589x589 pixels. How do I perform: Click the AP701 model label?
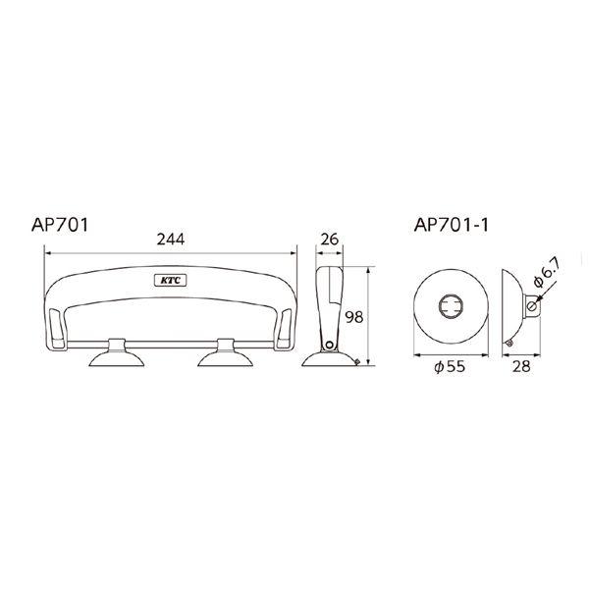(60, 225)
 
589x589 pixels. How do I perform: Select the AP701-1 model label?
(452, 225)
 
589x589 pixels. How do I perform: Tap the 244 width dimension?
(171, 240)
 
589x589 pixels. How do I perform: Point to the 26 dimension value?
(330, 240)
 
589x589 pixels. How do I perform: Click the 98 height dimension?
(354, 317)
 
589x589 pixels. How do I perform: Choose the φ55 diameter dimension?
(450, 366)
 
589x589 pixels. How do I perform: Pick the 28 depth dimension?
(521, 366)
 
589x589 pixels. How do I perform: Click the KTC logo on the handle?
(171, 280)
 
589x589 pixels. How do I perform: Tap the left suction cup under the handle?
(117, 353)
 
